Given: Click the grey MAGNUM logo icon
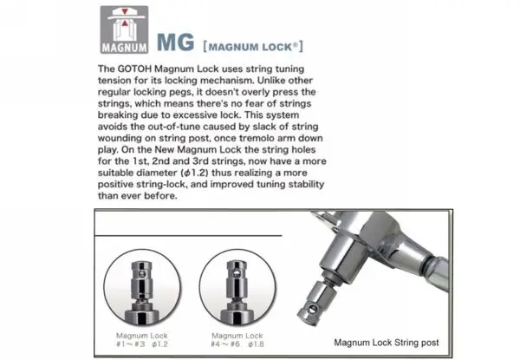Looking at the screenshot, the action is [124, 29].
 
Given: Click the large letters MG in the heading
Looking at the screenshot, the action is [175, 43].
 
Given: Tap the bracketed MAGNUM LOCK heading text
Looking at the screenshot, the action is [253, 47].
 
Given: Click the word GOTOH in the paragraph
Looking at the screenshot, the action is [134, 69].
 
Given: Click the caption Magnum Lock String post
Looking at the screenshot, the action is [387, 343].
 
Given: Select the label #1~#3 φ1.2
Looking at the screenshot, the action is [142, 344].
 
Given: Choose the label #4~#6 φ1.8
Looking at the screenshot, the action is [237, 344].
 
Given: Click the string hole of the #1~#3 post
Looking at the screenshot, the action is [142, 274].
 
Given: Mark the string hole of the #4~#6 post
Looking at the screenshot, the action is [237, 274].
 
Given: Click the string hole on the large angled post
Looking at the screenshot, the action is [313, 310].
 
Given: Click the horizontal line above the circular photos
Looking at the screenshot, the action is [188, 236].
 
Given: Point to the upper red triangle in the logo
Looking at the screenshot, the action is [125, 11].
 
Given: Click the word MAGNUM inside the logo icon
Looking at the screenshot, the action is [124, 48].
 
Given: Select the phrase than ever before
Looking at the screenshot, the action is [137, 196].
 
